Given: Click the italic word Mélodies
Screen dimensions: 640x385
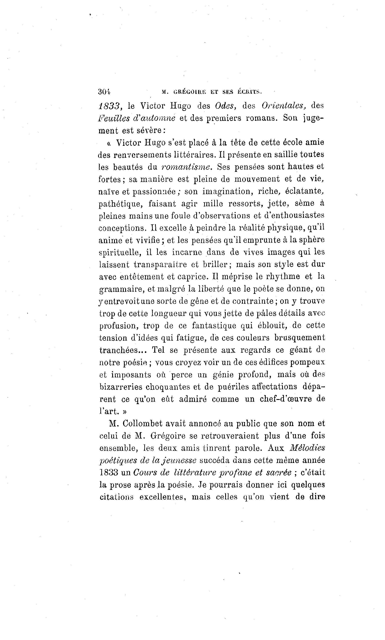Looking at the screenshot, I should [x=307, y=448].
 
